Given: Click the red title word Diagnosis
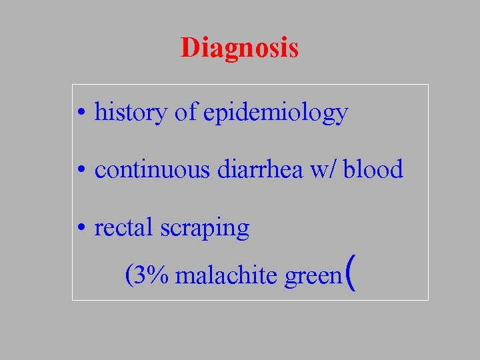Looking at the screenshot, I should [239, 48].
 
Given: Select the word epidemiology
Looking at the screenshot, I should [275, 113].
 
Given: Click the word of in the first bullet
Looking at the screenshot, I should [185, 113].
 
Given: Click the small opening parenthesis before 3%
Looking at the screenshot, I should [129, 275].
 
